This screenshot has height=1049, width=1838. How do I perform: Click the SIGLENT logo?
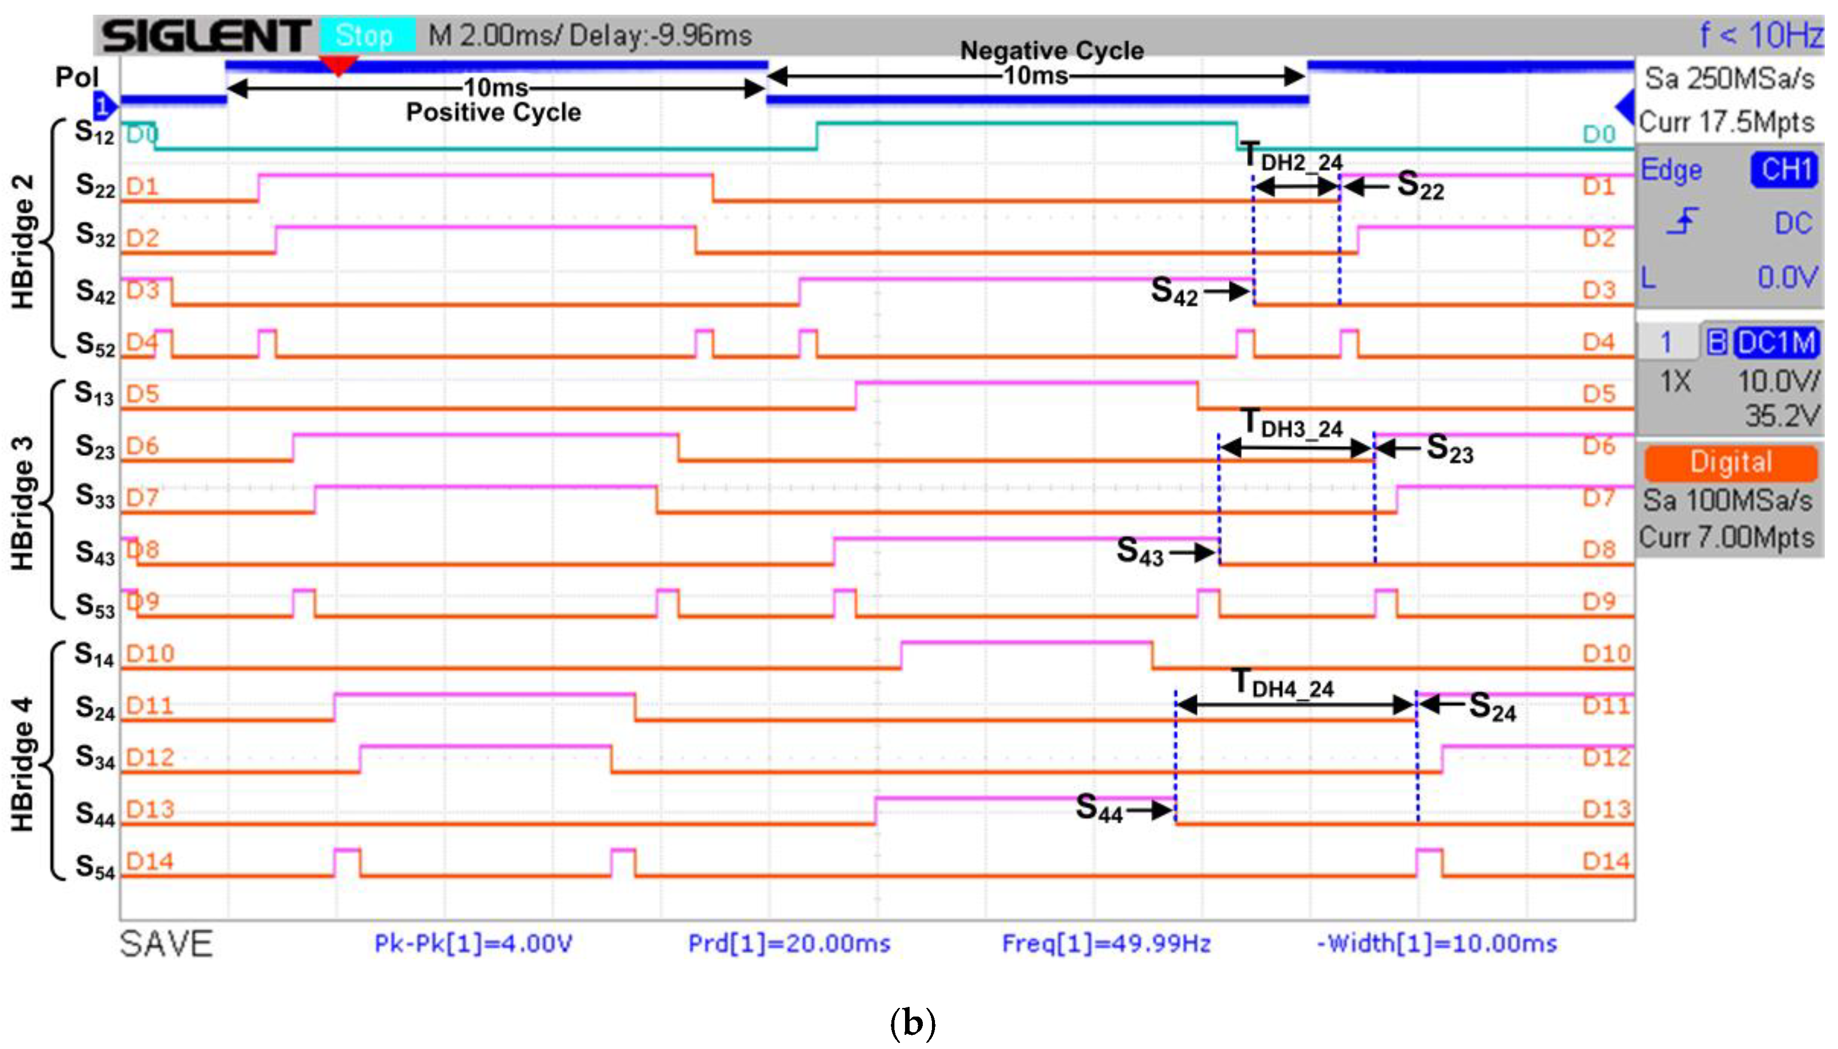205,36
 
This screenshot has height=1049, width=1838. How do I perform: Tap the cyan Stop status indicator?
366,36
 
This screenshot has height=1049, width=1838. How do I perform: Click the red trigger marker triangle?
338,65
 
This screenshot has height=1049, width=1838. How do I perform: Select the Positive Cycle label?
494,113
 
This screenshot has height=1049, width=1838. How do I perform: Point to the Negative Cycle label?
1052,50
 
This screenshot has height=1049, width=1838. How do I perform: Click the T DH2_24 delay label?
1293,158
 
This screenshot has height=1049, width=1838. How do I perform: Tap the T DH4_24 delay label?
1284,684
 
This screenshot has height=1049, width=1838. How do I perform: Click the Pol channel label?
77,77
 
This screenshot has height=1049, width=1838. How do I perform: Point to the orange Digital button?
1730,462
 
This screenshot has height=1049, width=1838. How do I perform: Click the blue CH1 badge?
1785,170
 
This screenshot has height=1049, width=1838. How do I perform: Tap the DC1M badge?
1776,342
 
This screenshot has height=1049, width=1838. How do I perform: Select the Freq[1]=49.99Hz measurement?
1106,943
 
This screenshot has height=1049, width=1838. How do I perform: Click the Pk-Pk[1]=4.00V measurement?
473,943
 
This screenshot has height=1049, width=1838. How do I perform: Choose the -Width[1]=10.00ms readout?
1437,943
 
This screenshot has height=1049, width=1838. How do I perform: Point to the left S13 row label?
94,394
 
